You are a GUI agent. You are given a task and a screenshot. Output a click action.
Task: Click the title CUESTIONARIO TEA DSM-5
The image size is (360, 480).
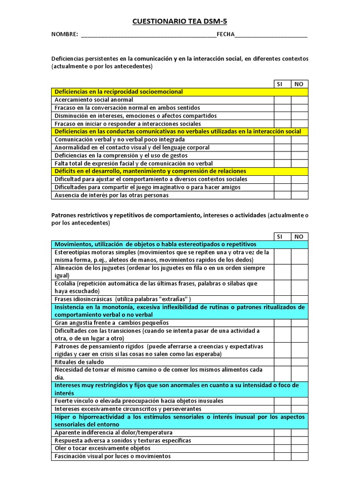(x=180, y=21)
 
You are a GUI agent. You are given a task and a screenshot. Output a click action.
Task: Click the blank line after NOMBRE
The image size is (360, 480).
(x=149, y=36)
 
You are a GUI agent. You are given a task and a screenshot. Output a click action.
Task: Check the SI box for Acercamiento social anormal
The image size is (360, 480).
(x=283, y=100)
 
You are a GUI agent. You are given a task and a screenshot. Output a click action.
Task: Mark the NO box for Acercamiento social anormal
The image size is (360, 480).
(x=300, y=100)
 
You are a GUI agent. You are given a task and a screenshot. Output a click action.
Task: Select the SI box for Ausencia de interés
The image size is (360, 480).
(x=283, y=195)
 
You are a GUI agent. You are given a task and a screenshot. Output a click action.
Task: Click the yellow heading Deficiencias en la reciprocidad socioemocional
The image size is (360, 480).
(x=119, y=92)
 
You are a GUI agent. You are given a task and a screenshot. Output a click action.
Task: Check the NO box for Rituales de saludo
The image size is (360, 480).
(x=300, y=362)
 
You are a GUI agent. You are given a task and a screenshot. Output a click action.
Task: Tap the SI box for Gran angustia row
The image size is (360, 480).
(x=283, y=323)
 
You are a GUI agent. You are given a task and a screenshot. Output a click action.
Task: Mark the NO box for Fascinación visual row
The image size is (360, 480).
(x=300, y=456)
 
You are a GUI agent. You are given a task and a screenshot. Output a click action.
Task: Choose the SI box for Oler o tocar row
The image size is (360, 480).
(x=283, y=448)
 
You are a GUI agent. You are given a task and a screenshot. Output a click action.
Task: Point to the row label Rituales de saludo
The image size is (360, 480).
(x=80, y=362)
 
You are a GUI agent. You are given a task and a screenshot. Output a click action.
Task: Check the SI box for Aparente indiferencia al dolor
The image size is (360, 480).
(x=283, y=432)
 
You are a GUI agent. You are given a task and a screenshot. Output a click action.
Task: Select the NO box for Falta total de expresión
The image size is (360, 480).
(x=300, y=164)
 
